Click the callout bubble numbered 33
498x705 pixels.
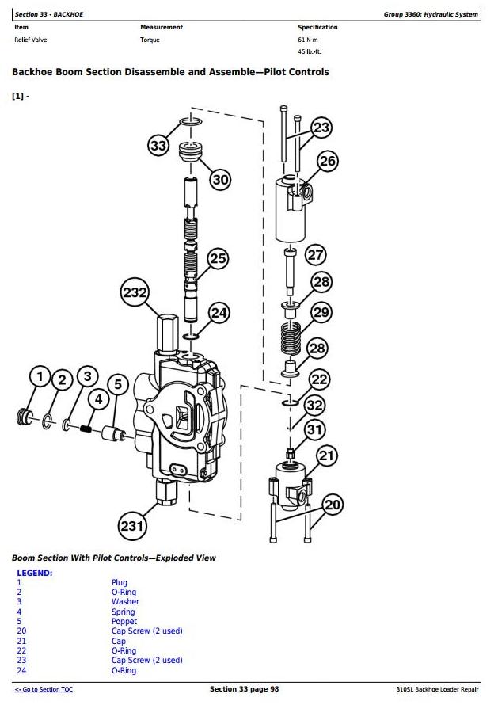[159, 145]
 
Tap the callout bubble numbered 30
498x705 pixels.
[220, 180]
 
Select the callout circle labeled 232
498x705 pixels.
[135, 292]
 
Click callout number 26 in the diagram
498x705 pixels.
[327, 162]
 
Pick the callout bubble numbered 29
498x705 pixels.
[321, 312]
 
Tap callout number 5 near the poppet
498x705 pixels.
[117, 385]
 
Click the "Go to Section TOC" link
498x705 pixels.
[44, 690]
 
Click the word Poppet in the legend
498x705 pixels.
[124, 622]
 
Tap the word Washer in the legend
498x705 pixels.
[125, 602]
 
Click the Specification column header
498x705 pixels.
[317, 27]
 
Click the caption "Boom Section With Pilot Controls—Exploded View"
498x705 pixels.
[113, 558]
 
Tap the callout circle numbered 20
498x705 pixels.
[333, 505]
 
